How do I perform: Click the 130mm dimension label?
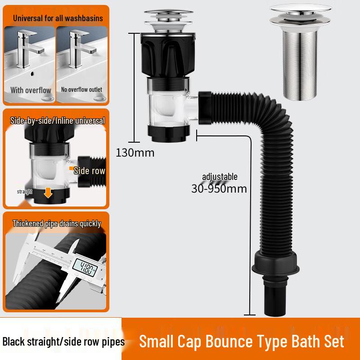tap(135, 153)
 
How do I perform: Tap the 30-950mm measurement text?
tap(219, 188)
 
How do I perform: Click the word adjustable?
tap(220, 177)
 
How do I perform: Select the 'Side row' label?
tap(89, 171)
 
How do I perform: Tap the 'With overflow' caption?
tap(31, 90)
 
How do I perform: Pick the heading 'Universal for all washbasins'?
tap(58, 18)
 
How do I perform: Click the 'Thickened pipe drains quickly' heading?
tap(57, 223)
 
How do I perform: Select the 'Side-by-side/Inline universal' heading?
tap(57, 121)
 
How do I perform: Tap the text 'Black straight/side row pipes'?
tap(63, 342)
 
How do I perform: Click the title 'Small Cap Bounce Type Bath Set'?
tap(241, 341)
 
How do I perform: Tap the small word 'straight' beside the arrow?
tap(25, 191)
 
